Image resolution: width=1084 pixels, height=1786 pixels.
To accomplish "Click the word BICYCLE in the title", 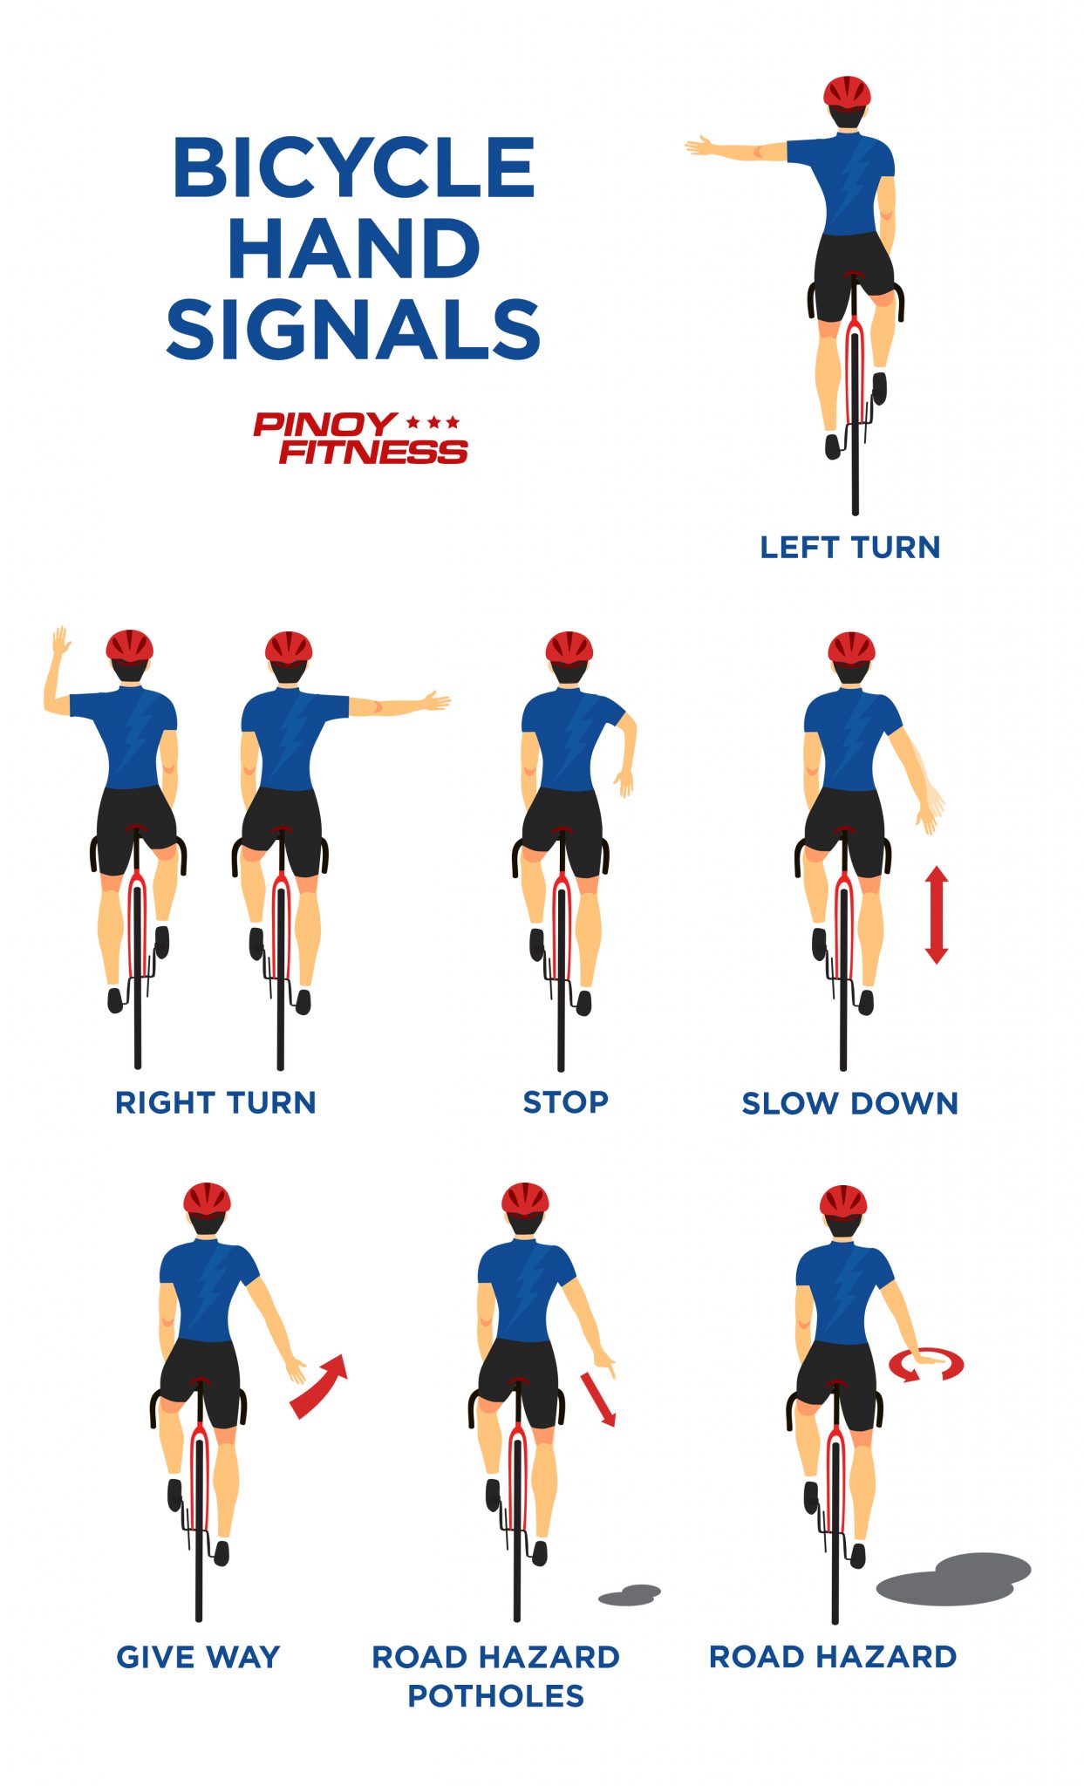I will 353,167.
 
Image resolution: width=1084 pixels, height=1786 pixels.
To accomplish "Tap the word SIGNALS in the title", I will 353,329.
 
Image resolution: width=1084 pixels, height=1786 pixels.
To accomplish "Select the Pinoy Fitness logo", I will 360,439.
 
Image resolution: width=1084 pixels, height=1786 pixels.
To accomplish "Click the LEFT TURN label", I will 850,548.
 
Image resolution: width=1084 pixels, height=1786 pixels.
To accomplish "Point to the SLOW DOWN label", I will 850,1103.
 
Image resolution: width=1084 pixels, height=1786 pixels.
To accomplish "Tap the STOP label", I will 565,1102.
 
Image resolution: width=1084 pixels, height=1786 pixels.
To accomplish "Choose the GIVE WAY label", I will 199,1657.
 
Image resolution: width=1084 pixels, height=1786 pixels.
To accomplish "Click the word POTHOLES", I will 495,1696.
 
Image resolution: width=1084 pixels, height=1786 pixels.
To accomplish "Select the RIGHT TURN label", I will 215,1102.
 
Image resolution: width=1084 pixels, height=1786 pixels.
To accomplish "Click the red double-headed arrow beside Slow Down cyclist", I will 936,914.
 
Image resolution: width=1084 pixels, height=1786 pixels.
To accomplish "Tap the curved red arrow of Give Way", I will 319,1385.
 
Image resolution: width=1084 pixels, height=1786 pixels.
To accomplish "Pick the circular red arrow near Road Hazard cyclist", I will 926,1365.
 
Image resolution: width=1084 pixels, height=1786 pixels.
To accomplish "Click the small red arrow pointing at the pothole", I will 599,1399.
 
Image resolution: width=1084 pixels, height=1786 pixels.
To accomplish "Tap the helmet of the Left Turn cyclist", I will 847,92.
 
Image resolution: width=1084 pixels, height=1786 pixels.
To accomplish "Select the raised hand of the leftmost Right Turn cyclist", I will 59,643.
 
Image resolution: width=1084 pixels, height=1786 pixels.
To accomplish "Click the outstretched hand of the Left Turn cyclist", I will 700,147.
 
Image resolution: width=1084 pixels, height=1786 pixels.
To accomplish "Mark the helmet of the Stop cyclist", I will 569,648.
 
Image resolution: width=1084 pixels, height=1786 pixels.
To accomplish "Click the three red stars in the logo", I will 433,423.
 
